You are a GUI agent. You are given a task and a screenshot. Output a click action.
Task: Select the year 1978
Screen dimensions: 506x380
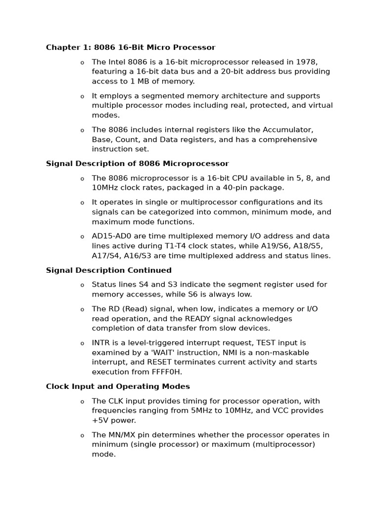306,62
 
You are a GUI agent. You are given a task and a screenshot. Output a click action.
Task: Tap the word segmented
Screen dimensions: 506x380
150,96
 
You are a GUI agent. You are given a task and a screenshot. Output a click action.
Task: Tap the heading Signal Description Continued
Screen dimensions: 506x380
108,270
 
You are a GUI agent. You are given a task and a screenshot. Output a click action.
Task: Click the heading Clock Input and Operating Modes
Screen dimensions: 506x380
118,386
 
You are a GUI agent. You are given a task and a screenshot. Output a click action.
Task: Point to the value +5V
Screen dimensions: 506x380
100,421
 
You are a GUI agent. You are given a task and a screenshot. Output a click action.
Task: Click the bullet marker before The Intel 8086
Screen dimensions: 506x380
82,62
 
